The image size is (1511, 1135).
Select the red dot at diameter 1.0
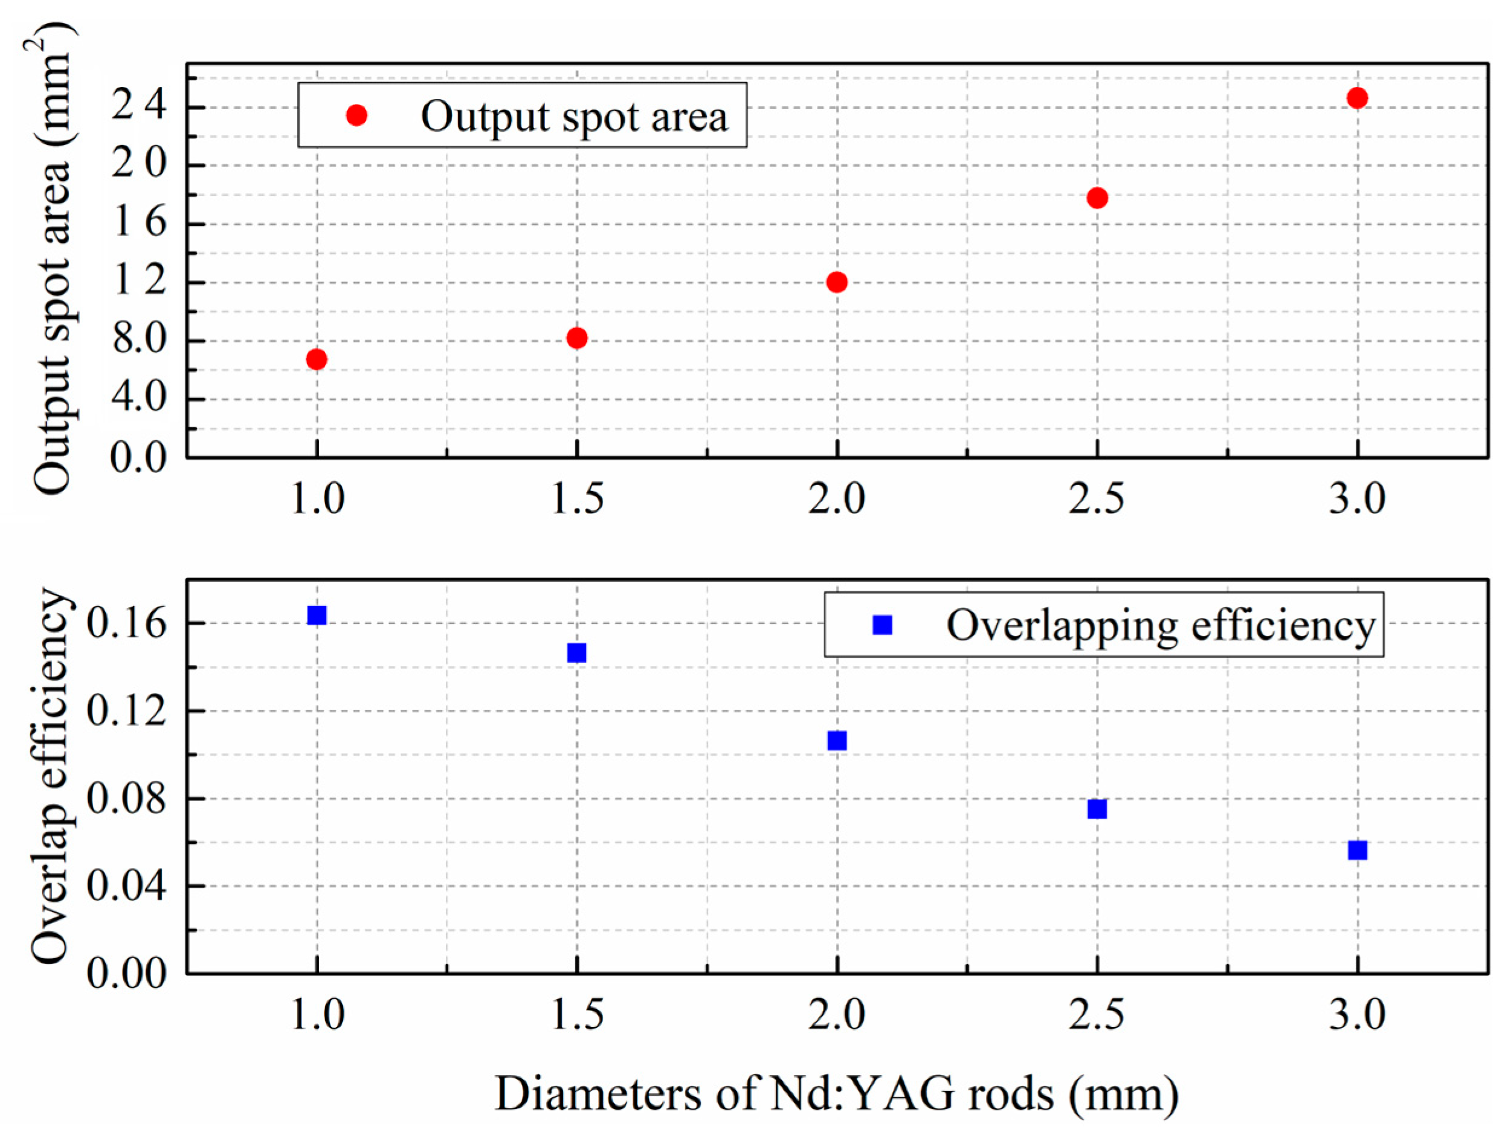316,359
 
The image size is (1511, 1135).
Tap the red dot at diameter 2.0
837,282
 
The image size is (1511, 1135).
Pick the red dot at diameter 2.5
1097,198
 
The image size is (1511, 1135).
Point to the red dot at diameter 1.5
576,338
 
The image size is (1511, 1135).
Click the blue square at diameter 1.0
316,616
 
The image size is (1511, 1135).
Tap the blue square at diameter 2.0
837,741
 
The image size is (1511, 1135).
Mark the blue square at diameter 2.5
1097,809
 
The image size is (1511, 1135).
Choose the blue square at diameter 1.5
576,653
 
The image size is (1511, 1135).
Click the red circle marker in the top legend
356,115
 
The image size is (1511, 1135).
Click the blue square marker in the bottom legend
883,624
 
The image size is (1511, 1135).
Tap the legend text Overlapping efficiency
1160,625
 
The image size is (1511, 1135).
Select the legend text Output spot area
574,116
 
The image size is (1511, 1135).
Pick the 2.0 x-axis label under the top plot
837,499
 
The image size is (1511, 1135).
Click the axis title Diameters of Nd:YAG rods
836,1093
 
